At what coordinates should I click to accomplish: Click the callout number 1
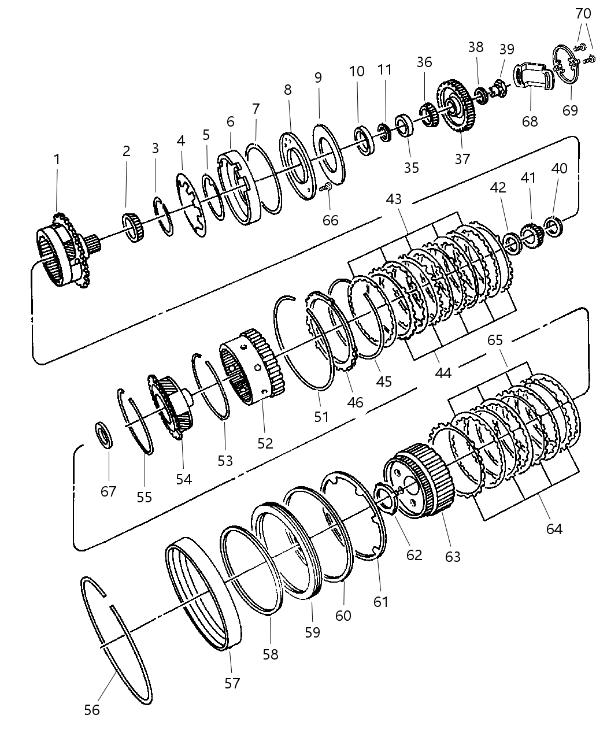[57, 159]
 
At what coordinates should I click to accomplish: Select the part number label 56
[92, 709]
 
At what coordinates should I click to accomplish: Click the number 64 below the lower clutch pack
[554, 528]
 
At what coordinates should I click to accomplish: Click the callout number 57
[232, 683]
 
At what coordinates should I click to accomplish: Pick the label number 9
[318, 77]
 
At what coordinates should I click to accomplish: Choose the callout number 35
[411, 168]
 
